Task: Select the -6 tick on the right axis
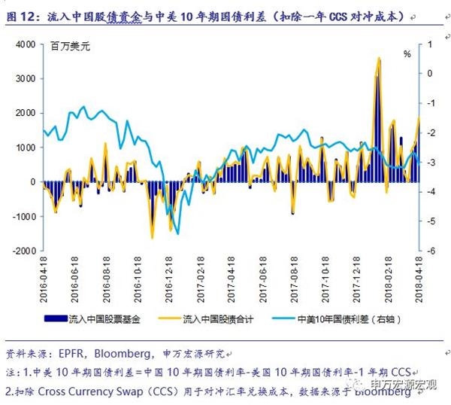click(x=430, y=251)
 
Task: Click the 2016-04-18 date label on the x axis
click(x=44, y=277)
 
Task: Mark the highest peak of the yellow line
click(x=378, y=58)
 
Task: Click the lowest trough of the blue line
click(x=178, y=233)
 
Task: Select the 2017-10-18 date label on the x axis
click(x=325, y=277)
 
